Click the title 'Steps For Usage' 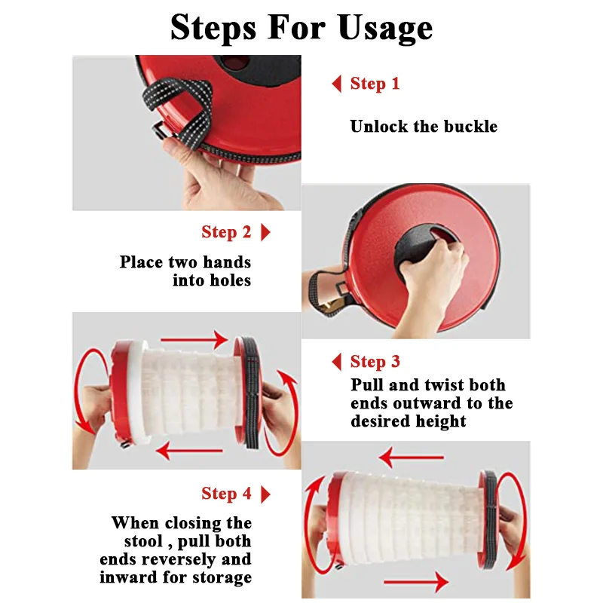pyautogui.click(x=301, y=28)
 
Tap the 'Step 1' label pyautogui.click(x=375, y=84)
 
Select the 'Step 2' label pyautogui.click(x=226, y=232)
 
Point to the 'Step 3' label pyautogui.click(x=375, y=362)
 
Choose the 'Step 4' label pyautogui.click(x=226, y=494)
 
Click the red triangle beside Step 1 pyautogui.click(x=336, y=84)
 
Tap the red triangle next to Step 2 pyautogui.click(x=265, y=232)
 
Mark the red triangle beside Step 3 pyautogui.click(x=336, y=362)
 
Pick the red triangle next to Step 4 pyautogui.click(x=265, y=494)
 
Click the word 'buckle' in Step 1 pyautogui.click(x=470, y=127)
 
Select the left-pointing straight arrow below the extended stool pyautogui.click(x=190, y=450)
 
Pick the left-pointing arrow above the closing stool pyautogui.click(x=411, y=458)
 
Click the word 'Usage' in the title pyautogui.click(x=386, y=28)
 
